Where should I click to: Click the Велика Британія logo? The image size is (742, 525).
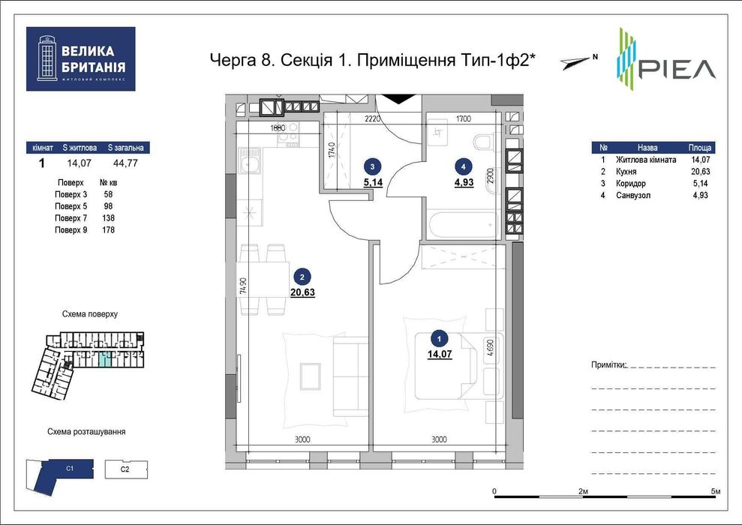point(80,58)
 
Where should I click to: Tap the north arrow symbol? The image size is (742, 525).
point(578,62)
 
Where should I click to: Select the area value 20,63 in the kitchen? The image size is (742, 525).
point(302,292)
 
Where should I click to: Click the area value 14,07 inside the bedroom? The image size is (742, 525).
point(441,355)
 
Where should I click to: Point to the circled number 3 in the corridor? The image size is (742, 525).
point(370,166)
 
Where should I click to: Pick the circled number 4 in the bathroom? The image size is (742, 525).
point(463,166)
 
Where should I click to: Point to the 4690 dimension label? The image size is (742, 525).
point(489,352)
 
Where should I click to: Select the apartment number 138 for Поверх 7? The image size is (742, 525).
point(110,218)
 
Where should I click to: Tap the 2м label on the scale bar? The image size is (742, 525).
point(583,491)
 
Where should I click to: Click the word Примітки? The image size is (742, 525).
point(608,365)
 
